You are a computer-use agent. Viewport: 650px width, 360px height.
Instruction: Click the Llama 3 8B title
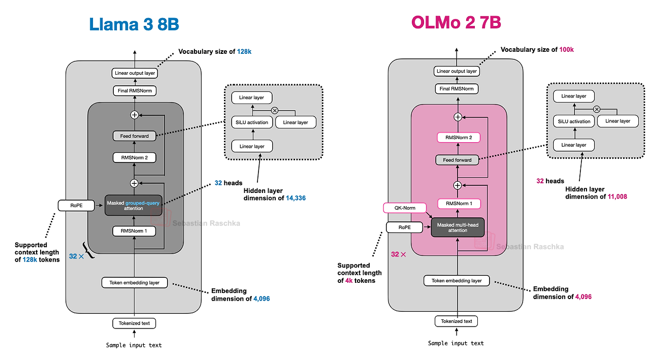[134, 24]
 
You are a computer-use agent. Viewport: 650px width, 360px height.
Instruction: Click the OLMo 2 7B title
[456, 22]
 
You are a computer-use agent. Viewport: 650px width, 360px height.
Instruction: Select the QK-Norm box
[405, 208]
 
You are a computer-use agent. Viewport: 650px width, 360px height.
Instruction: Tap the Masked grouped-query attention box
[134, 205]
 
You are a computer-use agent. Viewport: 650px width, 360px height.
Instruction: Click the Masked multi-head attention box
[458, 227]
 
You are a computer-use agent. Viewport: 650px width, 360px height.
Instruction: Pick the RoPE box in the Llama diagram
[76, 205]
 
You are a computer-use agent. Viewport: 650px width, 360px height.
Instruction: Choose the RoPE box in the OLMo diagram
[405, 227]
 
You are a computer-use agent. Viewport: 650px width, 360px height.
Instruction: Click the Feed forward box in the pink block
[457, 160]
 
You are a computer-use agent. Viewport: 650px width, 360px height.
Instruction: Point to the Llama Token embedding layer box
[135, 282]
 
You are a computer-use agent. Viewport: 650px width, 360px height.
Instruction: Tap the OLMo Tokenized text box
[456, 321]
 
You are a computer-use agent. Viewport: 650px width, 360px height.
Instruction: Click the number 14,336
[296, 198]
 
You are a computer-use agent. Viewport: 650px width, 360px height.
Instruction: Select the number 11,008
[617, 197]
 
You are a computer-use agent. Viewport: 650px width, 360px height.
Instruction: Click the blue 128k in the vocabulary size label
[244, 52]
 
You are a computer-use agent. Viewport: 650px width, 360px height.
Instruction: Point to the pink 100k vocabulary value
[566, 50]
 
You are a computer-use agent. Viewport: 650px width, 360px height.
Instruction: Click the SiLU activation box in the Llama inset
[252, 122]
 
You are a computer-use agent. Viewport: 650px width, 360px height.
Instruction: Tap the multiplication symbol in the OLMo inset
[597, 109]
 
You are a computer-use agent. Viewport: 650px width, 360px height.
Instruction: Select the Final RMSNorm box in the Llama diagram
[135, 91]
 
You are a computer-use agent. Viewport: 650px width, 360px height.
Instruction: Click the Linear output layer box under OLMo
[457, 71]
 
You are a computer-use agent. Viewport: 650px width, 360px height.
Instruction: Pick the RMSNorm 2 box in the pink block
[459, 138]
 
